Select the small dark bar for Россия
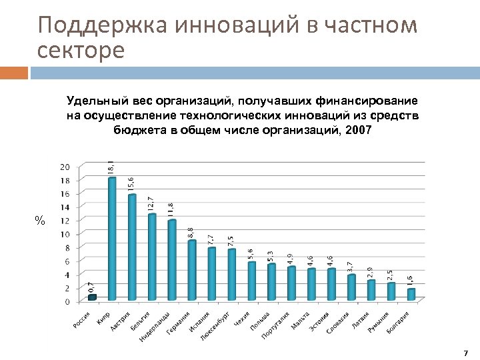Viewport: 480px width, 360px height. point(92,297)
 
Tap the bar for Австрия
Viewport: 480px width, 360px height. point(132,247)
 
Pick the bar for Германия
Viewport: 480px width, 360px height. point(192,270)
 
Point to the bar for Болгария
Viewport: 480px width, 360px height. point(411,294)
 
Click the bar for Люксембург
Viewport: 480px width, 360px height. point(232,274)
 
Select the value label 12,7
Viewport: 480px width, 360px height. point(151,203)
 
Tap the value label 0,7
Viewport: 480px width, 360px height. point(91,286)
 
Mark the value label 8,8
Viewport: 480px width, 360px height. point(191,231)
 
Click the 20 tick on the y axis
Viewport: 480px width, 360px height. point(65,166)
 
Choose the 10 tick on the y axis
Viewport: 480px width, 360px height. point(65,234)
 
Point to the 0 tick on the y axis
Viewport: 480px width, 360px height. point(67,301)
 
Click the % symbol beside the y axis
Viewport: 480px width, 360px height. point(40,221)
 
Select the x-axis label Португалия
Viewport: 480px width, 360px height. point(275,325)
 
